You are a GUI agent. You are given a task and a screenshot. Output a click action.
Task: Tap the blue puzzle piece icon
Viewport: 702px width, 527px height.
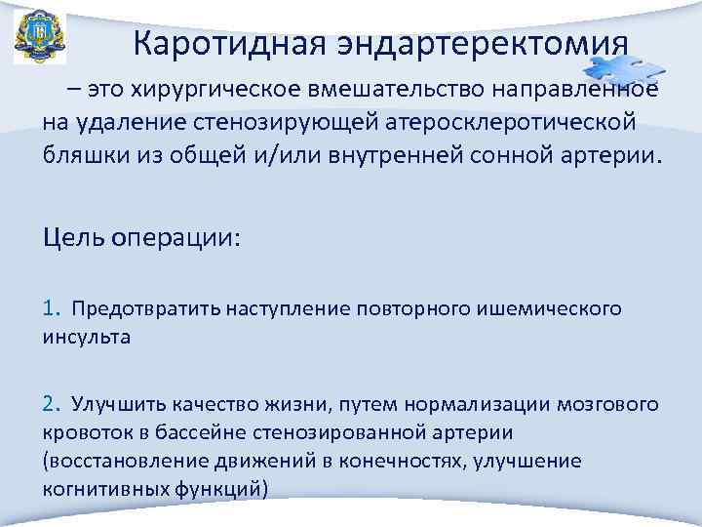pos(621,70)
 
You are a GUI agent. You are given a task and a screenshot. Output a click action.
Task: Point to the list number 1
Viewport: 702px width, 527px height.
pos(50,309)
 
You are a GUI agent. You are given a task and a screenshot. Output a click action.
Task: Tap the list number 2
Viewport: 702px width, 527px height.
pos(51,403)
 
